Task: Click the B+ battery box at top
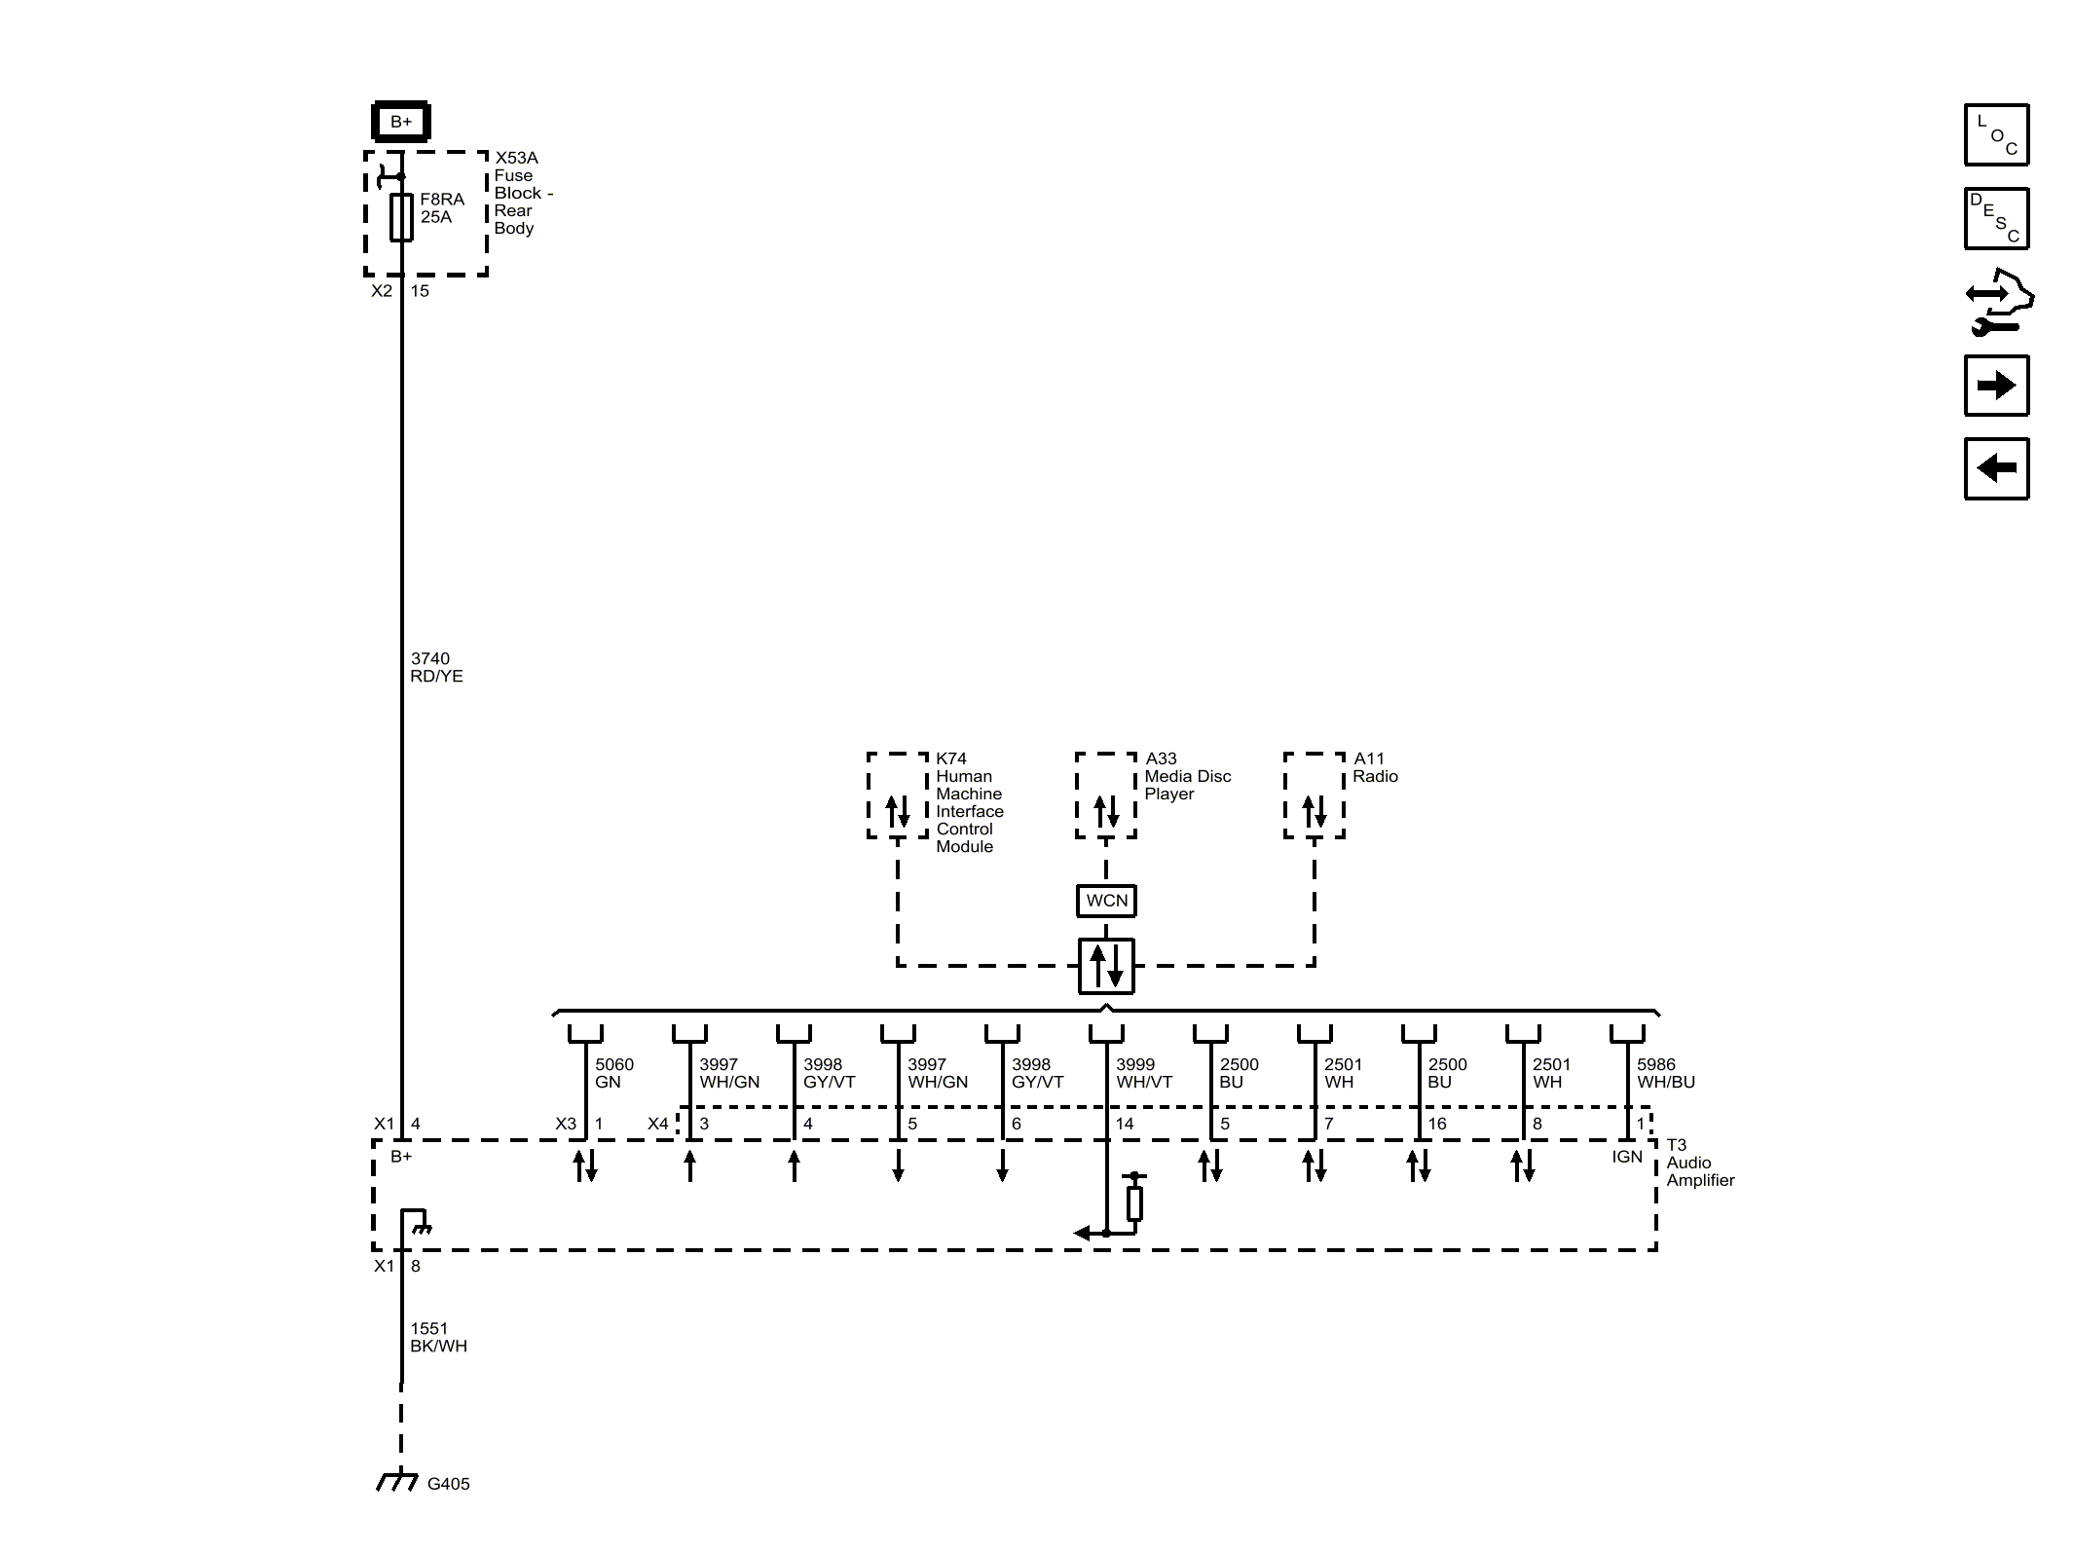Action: [400, 122]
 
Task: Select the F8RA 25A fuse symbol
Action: [401, 216]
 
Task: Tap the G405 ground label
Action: [448, 1484]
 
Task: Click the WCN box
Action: [1106, 901]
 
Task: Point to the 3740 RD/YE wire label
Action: [436, 668]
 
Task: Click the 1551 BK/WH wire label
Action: [438, 1338]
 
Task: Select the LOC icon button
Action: [1996, 135]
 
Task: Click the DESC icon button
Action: [1996, 219]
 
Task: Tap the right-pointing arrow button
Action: [1996, 386]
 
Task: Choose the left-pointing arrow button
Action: [1996, 468]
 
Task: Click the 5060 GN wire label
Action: [614, 1073]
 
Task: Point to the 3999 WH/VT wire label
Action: [1144, 1073]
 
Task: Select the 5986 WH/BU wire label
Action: [1666, 1073]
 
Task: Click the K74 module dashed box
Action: [898, 795]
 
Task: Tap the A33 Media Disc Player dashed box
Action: [1106, 795]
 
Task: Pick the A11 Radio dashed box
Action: [1315, 795]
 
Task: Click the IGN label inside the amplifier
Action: [1627, 1157]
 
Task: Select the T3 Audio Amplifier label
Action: [1700, 1163]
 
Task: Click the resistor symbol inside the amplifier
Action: [1134, 1203]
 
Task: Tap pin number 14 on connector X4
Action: [1125, 1124]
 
